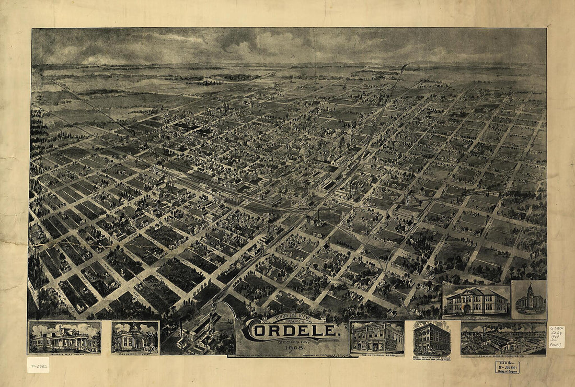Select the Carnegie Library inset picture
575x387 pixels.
[x=135, y=336]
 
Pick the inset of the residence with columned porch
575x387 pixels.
[x=65, y=337]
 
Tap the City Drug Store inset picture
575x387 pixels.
[x=377, y=337]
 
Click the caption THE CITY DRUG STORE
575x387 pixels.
[x=377, y=354]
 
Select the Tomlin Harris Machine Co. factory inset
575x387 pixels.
[x=503, y=337]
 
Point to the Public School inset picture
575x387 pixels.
[x=476, y=300]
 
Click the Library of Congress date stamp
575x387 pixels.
[x=507, y=367]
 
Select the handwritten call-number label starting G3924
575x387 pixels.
[x=556, y=337]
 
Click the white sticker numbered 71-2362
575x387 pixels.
[x=38, y=365]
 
